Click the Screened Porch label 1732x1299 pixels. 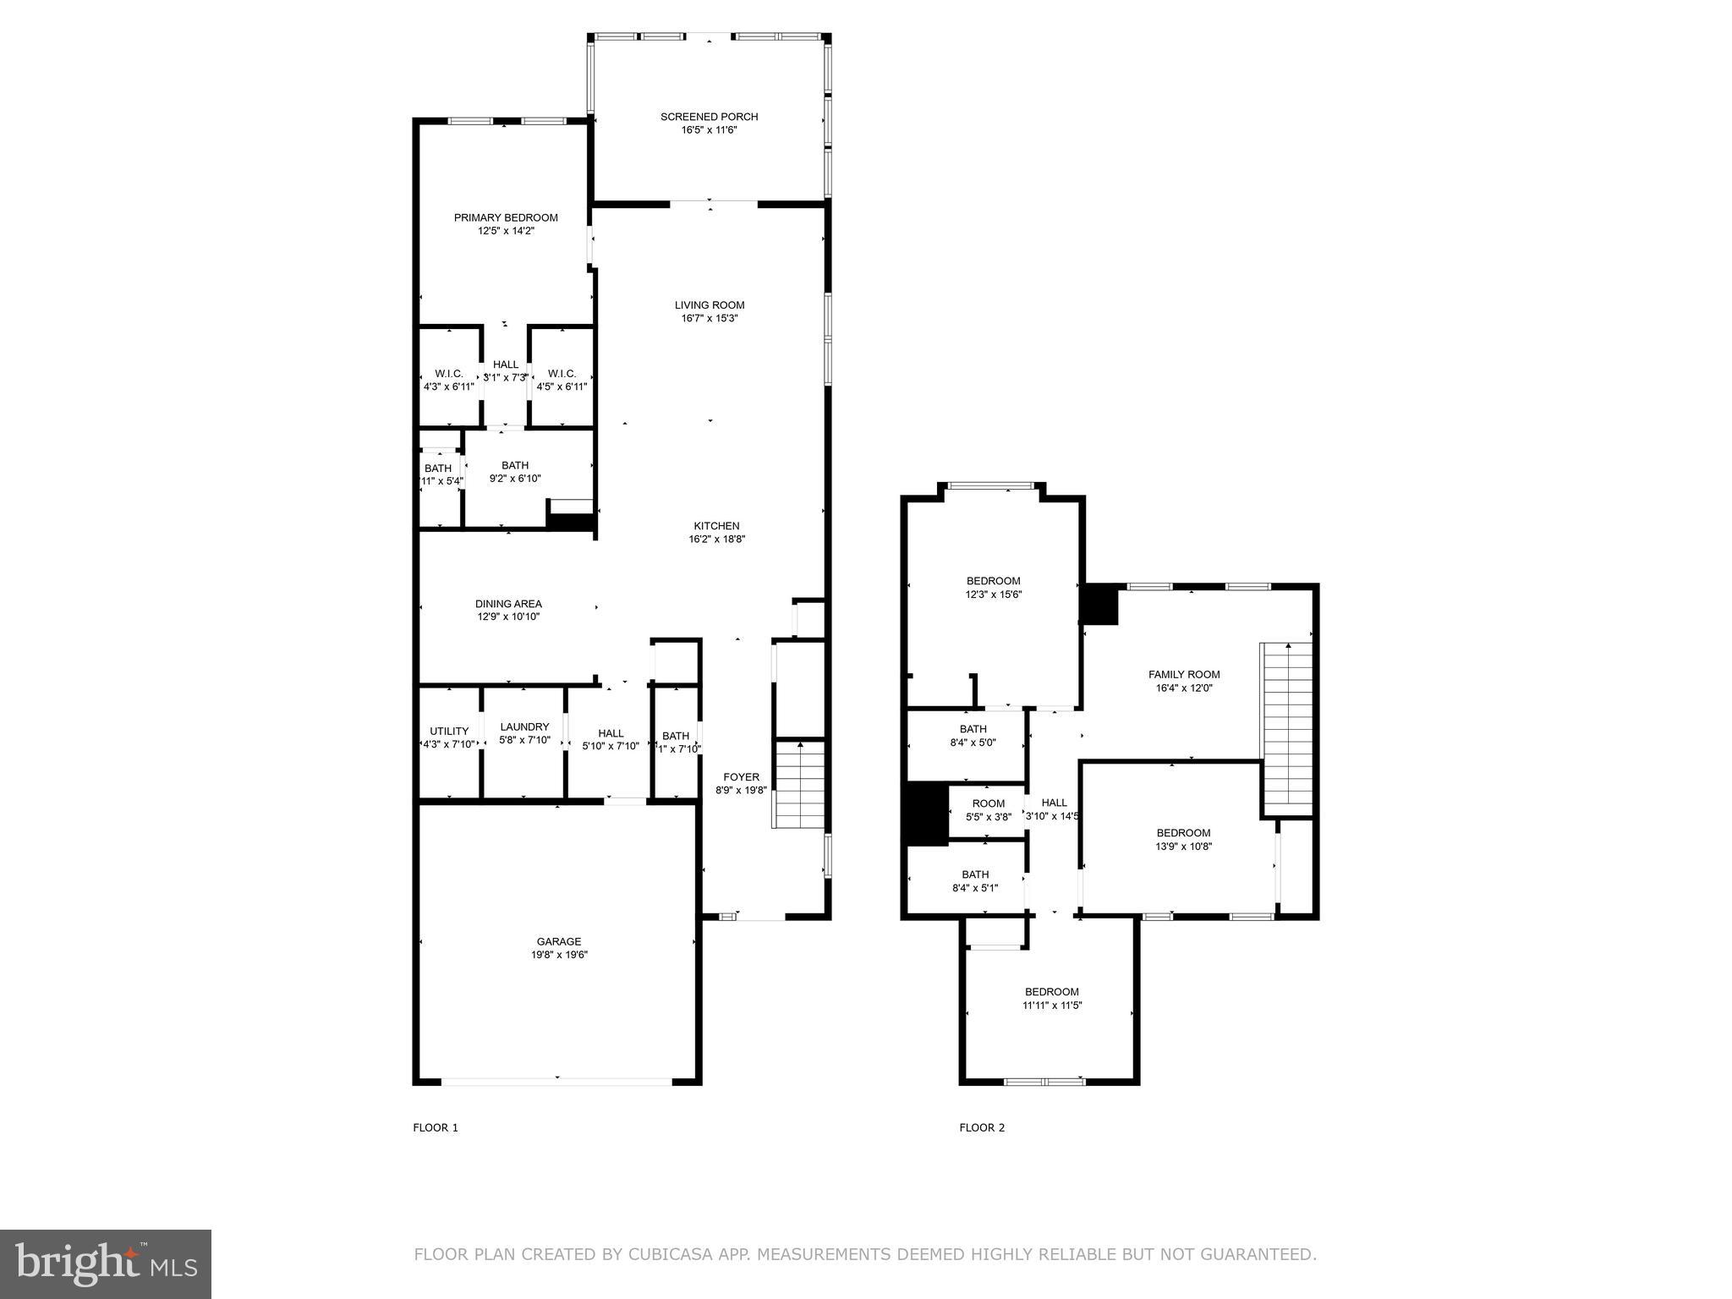coord(709,117)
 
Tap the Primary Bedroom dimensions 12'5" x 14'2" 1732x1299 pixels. coord(506,231)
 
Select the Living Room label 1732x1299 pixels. coord(709,305)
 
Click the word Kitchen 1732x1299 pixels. coord(716,526)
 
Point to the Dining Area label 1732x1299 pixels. coord(507,604)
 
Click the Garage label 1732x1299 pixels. coord(558,941)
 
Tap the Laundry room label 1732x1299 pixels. coord(524,726)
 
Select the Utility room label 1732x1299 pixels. coord(449,732)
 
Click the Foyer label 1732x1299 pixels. coord(741,777)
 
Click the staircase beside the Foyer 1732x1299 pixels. coord(800,784)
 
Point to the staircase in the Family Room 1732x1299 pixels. coord(1286,727)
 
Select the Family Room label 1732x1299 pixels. coord(1183,675)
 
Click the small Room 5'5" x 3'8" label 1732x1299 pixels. coord(988,804)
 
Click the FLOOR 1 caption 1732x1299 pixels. coord(435,1127)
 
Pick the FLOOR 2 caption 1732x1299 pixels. coord(982,1127)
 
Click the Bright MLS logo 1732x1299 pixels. coord(105,1263)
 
